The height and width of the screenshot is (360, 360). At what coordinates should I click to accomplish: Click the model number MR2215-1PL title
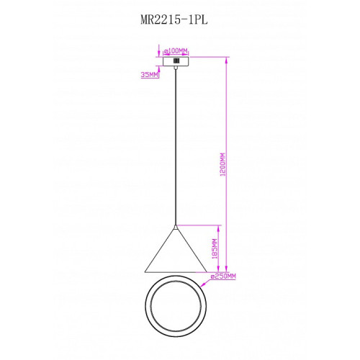[174, 20]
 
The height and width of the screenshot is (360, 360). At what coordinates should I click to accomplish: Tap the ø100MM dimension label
[176, 51]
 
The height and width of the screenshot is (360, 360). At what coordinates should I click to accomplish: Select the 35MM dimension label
[150, 75]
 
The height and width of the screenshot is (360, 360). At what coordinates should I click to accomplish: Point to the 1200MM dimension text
[222, 164]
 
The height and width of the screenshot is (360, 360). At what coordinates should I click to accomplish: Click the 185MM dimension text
[215, 248]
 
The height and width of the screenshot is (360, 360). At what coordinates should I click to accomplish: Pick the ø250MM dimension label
[223, 276]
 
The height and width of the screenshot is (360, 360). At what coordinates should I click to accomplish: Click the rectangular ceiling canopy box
[176, 61]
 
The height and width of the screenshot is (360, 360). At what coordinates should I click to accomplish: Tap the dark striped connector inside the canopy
[176, 61]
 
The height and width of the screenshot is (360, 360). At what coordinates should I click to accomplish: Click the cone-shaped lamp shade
[176, 250]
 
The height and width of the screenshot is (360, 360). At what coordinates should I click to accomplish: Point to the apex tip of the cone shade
[176, 225]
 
